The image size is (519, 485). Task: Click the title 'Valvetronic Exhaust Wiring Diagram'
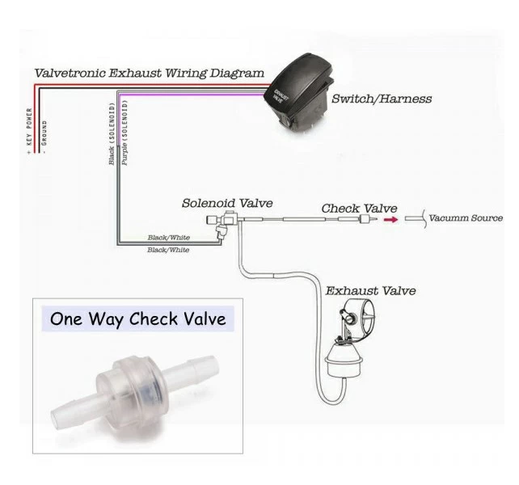click(x=150, y=73)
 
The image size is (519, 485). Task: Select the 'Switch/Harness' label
click(x=382, y=99)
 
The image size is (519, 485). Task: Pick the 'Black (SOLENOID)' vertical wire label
click(x=112, y=134)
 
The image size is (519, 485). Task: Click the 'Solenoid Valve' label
click(x=227, y=204)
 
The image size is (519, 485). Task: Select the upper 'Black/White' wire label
click(x=168, y=238)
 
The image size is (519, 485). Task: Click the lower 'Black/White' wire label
click(x=168, y=251)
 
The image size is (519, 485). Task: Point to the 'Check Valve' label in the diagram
click(x=352, y=209)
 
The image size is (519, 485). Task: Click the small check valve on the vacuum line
click(x=369, y=219)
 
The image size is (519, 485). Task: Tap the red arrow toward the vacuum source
click(x=390, y=219)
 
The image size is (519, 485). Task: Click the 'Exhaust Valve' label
click(x=370, y=290)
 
